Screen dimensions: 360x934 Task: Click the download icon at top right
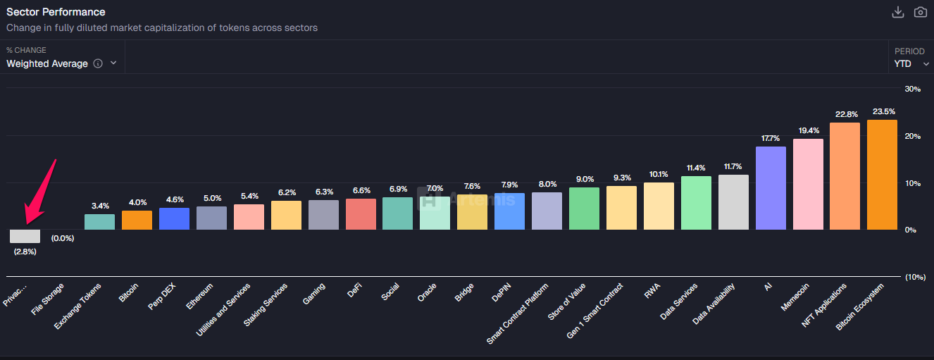pos(897,12)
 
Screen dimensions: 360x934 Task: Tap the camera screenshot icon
pos(920,12)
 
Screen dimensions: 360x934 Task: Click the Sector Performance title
pos(56,12)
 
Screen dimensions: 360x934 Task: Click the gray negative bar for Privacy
pos(25,236)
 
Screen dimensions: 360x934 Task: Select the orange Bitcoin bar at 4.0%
pos(137,221)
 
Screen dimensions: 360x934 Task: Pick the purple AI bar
pos(771,188)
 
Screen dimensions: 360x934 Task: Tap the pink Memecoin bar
pos(808,184)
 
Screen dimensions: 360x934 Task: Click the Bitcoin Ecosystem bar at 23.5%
pos(882,175)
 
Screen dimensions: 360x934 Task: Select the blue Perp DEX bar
pos(174,219)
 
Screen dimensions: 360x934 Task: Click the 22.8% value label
pos(845,114)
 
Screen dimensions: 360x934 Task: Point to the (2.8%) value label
pos(25,252)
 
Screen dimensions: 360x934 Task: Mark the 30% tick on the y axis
pos(912,89)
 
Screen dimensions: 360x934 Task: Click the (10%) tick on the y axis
pos(915,277)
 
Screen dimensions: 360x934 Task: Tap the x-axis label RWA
pos(652,291)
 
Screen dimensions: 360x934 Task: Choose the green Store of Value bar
pos(584,209)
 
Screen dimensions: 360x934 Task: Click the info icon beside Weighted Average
pos(98,63)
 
